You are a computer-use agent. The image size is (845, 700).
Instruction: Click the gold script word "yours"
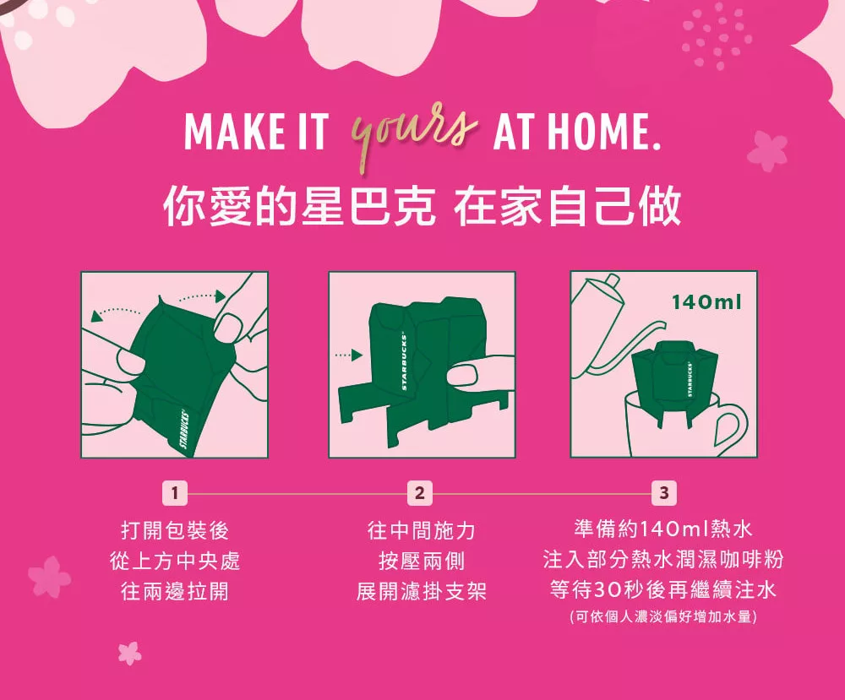point(413,133)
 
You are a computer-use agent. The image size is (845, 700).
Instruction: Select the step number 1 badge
point(175,492)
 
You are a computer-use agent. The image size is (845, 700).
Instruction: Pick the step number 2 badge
point(420,492)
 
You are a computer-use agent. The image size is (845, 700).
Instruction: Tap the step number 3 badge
point(664,492)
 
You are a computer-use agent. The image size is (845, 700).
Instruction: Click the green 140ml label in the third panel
point(706,302)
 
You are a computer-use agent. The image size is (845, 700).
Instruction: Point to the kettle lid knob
point(613,280)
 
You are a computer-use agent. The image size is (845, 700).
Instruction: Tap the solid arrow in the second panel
point(348,355)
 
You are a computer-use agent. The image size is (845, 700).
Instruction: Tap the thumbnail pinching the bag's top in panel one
point(230,328)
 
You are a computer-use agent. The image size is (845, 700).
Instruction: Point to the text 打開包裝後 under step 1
point(175,530)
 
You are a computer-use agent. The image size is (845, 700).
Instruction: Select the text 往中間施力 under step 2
point(421,530)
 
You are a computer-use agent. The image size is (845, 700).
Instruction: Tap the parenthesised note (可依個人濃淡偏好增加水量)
point(663,616)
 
